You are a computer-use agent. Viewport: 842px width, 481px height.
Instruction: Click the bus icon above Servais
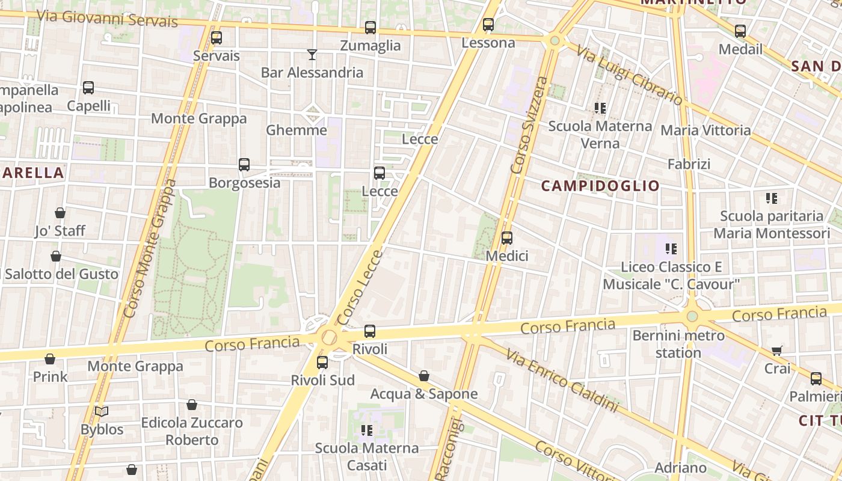pyautogui.click(x=216, y=38)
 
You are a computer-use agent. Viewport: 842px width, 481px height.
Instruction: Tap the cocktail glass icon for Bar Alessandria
pyautogui.click(x=312, y=55)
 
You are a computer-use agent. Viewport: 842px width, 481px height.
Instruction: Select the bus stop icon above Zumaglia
pyautogui.click(x=370, y=28)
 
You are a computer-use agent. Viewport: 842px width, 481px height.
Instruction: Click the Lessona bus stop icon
pyautogui.click(x=488, y=25)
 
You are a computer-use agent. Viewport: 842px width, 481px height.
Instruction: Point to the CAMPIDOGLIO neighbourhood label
pyautogui.click(x=600, y=186)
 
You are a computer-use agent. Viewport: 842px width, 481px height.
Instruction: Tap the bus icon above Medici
pyautogui.click(x=507, y=238)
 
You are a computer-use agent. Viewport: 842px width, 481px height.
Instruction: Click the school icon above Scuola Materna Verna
pyautogui.click(x=600, y=108)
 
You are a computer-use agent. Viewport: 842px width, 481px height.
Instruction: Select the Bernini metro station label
pyautogui.click(x=678, y=344)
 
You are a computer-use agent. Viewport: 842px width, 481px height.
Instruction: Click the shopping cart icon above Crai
pyautogui.click(x=777, y=351)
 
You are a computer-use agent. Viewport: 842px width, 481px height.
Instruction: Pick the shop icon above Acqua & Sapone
pyautogui.click(x=424, y=376)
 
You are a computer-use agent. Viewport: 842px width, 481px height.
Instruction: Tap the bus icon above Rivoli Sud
pyautogui.click(x=322, y=363)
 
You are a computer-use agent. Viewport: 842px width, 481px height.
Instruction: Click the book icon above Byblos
pyautogui.click(x=102, y=412)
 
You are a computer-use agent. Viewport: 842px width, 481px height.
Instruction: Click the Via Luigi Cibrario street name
pyautogui.click(x=629, y=76)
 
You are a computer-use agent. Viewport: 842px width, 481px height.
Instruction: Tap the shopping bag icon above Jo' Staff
pyautogui.click(x=60, y=213)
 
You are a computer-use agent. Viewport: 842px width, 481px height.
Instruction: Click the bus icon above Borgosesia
pyautogui.click(x=244, y=165)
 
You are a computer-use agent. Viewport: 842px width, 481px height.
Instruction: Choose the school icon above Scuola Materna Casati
pyautogui.click(x=367, y=430)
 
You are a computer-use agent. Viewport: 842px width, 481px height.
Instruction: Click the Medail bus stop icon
pyautogui.click(x=740, y=31)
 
